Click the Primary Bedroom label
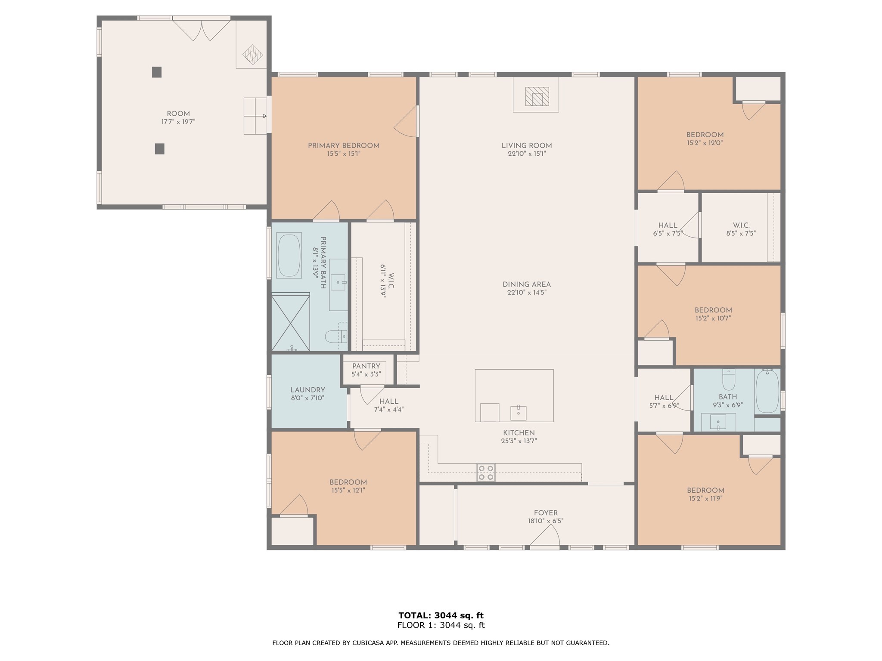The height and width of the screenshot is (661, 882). tap(343, 146)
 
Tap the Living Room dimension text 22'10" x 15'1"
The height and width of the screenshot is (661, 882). tap(526, 154)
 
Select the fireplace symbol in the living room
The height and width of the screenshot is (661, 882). tap(537, 96)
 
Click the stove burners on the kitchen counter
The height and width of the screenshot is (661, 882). tap(486, 473)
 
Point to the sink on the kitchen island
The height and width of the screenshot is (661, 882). tap(519, 413)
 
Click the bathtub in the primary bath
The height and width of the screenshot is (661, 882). tap(289, 256)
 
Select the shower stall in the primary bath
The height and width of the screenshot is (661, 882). tap(291, 322)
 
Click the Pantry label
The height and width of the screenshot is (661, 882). tap(366, 366)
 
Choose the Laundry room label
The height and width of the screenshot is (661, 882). tap(307, 390)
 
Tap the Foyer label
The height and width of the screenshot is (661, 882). tap(546, 513)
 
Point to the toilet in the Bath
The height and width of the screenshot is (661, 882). tap(729, 379)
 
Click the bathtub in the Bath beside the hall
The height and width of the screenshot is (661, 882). tap(767, 391)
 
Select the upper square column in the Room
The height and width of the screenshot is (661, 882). tap(157, 72)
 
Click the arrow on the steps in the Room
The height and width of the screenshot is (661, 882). tap(255, 116)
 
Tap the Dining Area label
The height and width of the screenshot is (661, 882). tap(527, 284)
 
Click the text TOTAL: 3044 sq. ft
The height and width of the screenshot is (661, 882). tap(441, 615)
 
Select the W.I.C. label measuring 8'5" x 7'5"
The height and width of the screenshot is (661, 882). tap(741, 225)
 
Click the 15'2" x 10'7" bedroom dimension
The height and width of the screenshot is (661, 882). tap(713, 318)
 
